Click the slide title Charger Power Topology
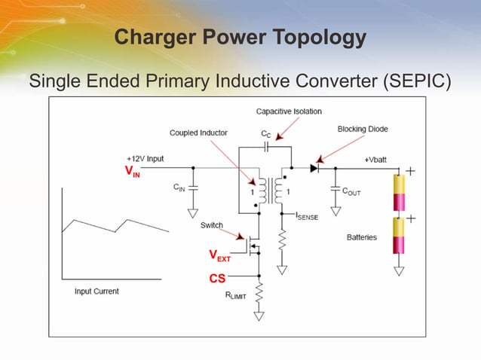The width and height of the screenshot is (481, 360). tap(240, 38)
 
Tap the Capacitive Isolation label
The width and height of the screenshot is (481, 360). tap(289, 111)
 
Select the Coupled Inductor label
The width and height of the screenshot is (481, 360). tap(198, 133)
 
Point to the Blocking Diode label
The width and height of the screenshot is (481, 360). tap(363, 129)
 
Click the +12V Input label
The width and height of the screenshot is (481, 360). tap(145, 159)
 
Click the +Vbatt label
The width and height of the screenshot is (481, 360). tap(378, 160)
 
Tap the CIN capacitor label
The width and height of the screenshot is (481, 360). tap(179, 187)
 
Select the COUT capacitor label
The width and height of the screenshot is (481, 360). tap(351, 192)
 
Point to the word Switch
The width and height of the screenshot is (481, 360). tap(211, 225)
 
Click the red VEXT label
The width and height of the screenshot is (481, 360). tap(219, 256)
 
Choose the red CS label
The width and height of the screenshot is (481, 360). tap(217, 279)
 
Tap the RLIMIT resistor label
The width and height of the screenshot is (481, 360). tap(236, 296)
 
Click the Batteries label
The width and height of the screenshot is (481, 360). tap(362, 238)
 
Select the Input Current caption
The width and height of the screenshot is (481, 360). tap(97, 291)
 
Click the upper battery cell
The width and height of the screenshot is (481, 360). tap(398, 193)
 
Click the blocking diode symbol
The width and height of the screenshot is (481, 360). tap(314, 167)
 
